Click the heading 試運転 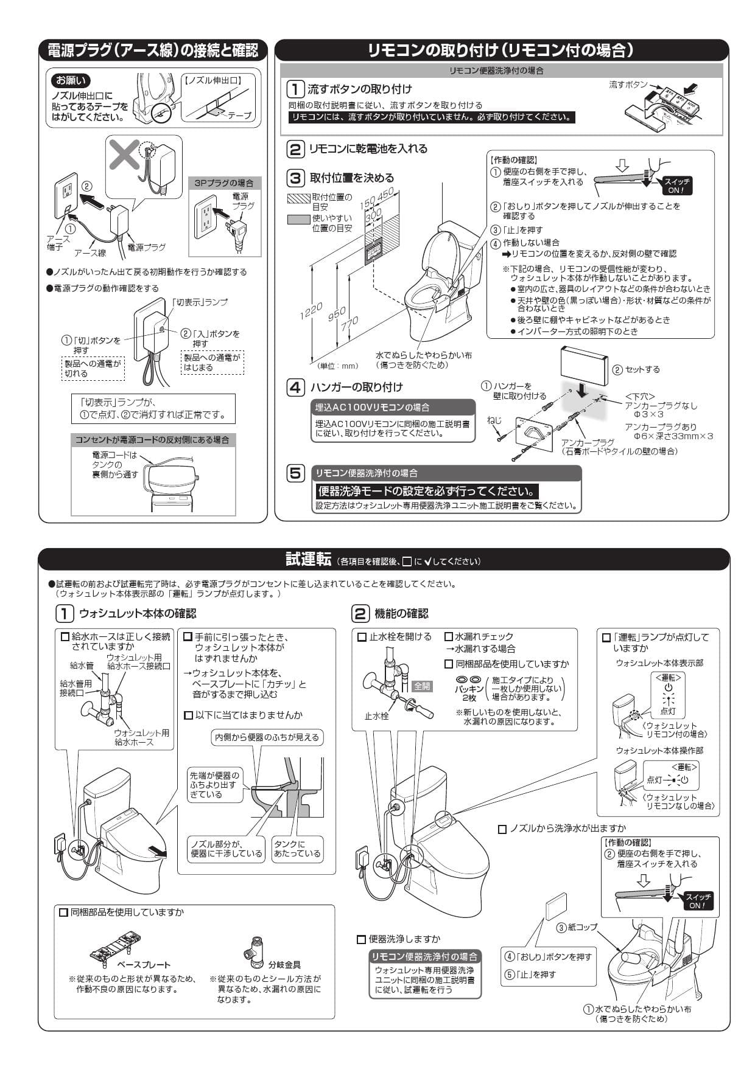[308, 559]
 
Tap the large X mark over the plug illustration [124, 156]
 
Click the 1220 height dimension [311, 311]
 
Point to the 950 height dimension [337, 314]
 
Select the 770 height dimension [350, 324]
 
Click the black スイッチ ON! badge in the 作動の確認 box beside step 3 [676, 186]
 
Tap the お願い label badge [71, 80]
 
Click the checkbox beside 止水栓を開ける [362, 637]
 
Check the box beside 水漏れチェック [449, 637]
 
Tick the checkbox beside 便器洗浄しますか [362, 939]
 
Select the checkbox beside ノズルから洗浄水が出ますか [502, 829]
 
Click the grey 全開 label [422, 686]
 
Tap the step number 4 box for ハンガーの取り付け [295, 388]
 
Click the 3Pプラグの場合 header [224, 183]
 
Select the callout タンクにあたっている [297, 849]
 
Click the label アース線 [90, 252]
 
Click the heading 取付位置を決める [352, 178]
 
